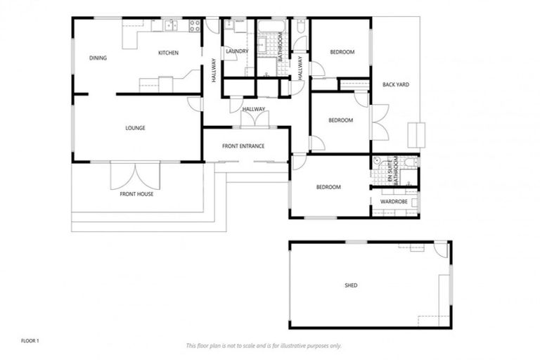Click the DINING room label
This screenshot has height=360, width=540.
pos(98,58)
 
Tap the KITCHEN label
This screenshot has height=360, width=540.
pos(168,53)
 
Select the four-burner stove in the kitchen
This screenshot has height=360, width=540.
pos(193,26)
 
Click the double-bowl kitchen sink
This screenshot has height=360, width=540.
pos(170,27)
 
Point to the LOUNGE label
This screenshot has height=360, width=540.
pos(135,128)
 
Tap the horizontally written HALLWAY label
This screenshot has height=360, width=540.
pos(254,109)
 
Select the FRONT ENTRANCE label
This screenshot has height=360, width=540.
pos(243,146)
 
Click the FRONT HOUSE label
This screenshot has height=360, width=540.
pos(136,194)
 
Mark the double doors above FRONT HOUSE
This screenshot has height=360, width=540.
pos(135,175)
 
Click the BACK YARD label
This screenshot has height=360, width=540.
pos(396,84)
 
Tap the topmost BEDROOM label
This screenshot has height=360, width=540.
pos(341,52)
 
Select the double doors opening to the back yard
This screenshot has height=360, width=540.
pos(379,121)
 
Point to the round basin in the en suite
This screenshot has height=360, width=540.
pos(377,161)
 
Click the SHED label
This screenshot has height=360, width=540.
pos(351,285)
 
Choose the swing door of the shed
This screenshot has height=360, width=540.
pos(440,249)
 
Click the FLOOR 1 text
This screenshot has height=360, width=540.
pos(30,340)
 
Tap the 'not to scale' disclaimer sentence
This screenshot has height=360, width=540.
pos(263,345)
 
